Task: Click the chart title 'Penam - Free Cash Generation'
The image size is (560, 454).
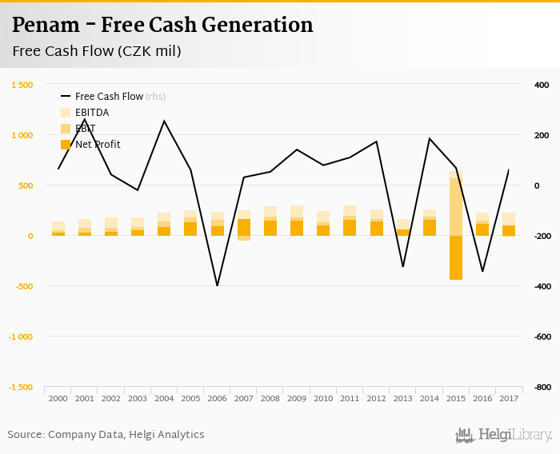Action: coord(162,25)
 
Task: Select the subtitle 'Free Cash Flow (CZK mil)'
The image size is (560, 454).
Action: coord(96,51)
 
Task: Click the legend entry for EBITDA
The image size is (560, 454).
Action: coord(92,113)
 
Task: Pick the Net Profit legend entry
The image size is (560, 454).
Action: coord(98,145)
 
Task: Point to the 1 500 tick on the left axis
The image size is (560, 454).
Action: coord(22,85)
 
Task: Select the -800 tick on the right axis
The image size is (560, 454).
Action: coord(542,387)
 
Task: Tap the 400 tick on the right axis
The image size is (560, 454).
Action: coord(541,85)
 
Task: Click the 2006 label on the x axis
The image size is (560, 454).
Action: coord(217,398)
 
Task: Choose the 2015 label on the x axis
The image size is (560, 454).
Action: coord(455,398)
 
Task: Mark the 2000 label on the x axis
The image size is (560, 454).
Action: coord(58,398)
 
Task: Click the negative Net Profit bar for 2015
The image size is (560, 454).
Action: coord(455,257)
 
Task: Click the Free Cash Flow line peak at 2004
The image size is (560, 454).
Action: coord(164,121)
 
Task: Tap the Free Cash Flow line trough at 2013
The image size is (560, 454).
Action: coord(402,266)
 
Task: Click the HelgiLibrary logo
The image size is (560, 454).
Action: coord(504,435)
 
